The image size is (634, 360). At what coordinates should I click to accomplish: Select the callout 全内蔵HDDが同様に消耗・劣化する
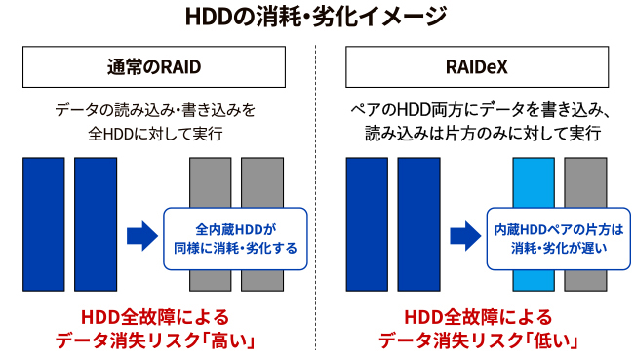pyautogui.click(x=235, y=237)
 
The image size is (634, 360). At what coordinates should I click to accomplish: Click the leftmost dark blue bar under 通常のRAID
pyautogui.click(x=43, y=223)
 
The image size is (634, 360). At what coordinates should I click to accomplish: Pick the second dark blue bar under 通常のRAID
pyautogui.click(x=95, y=223)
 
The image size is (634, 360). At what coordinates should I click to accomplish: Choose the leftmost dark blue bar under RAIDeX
pyautogui.click(x=367, y=223)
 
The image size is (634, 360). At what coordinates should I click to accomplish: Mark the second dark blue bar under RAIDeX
pyautogui.click(x=418, y=223)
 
